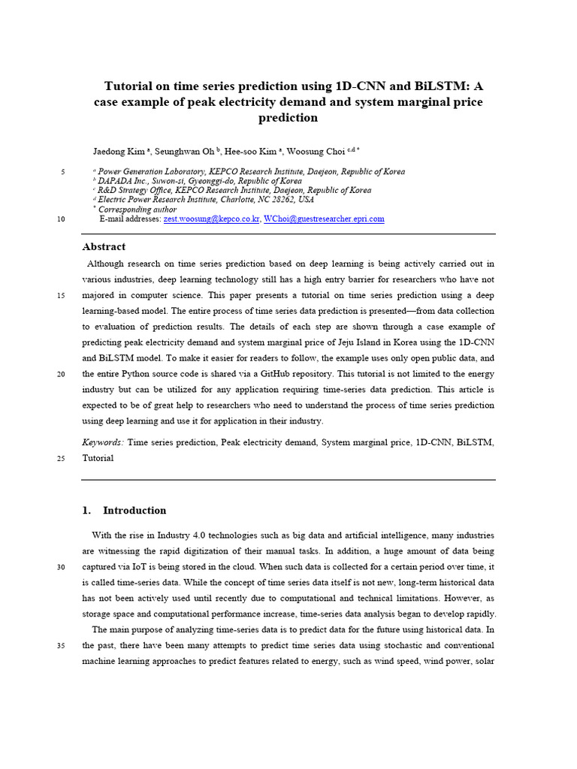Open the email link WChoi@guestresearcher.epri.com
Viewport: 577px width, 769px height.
(x=324, y=219)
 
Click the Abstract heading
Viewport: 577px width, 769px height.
(x=104, y=247)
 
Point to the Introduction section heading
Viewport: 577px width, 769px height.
(x=134, y=511)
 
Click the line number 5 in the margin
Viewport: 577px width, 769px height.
(x=62, y=172)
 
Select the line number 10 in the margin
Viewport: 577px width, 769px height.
(x=60, y=219)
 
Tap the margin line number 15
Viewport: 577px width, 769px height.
(x=60, y=295)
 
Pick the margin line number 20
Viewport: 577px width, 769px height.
(x=60, y=374)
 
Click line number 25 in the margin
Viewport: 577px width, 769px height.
(x=60, y=458)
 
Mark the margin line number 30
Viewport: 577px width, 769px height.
(x=60, y=567)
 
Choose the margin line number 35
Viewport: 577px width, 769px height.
(x=60, y=645)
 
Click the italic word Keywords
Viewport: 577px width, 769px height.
(x=104, y=442)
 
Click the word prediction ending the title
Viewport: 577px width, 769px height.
(x=288, y=118)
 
